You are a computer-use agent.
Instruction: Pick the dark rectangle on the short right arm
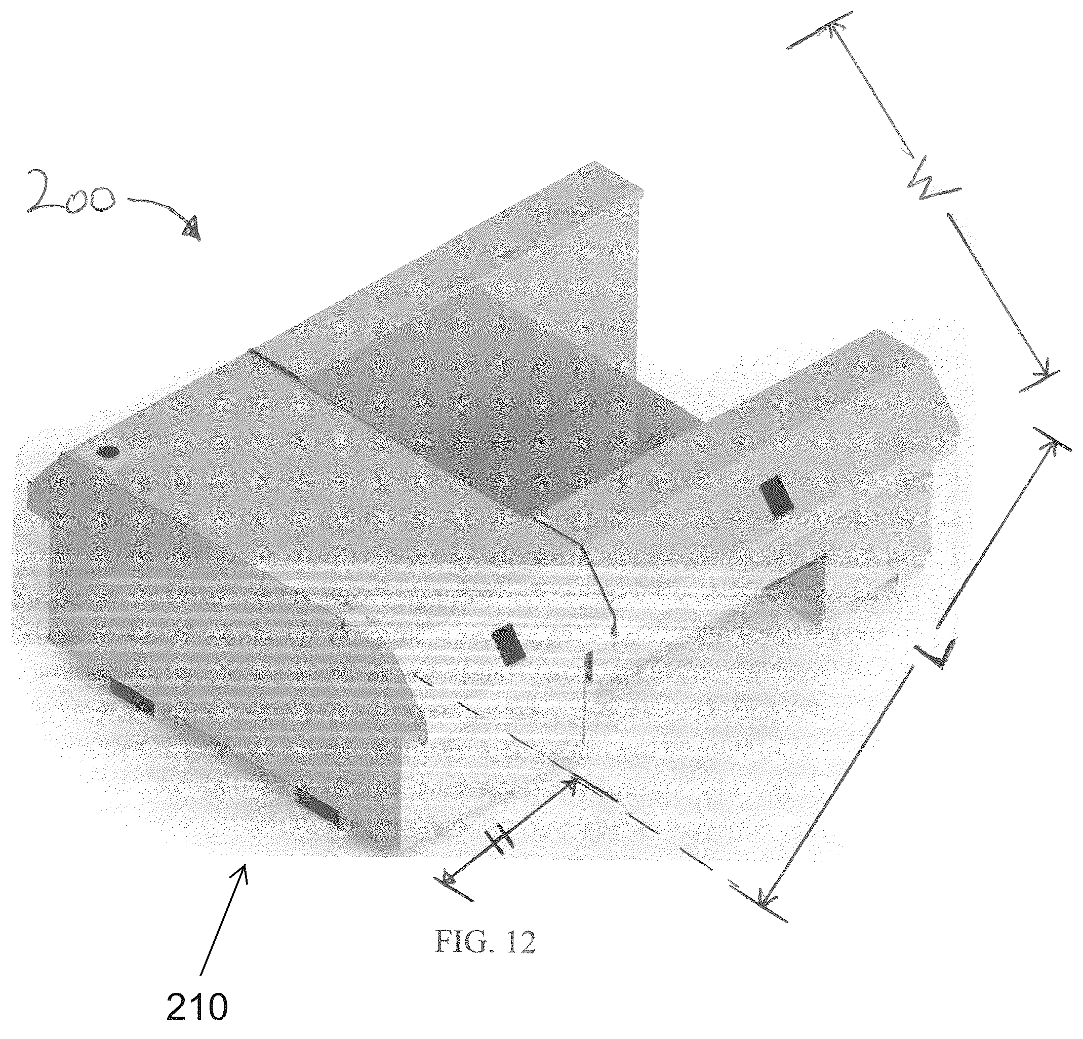[776, 495]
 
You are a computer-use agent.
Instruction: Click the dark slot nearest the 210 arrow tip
[316, 807]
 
